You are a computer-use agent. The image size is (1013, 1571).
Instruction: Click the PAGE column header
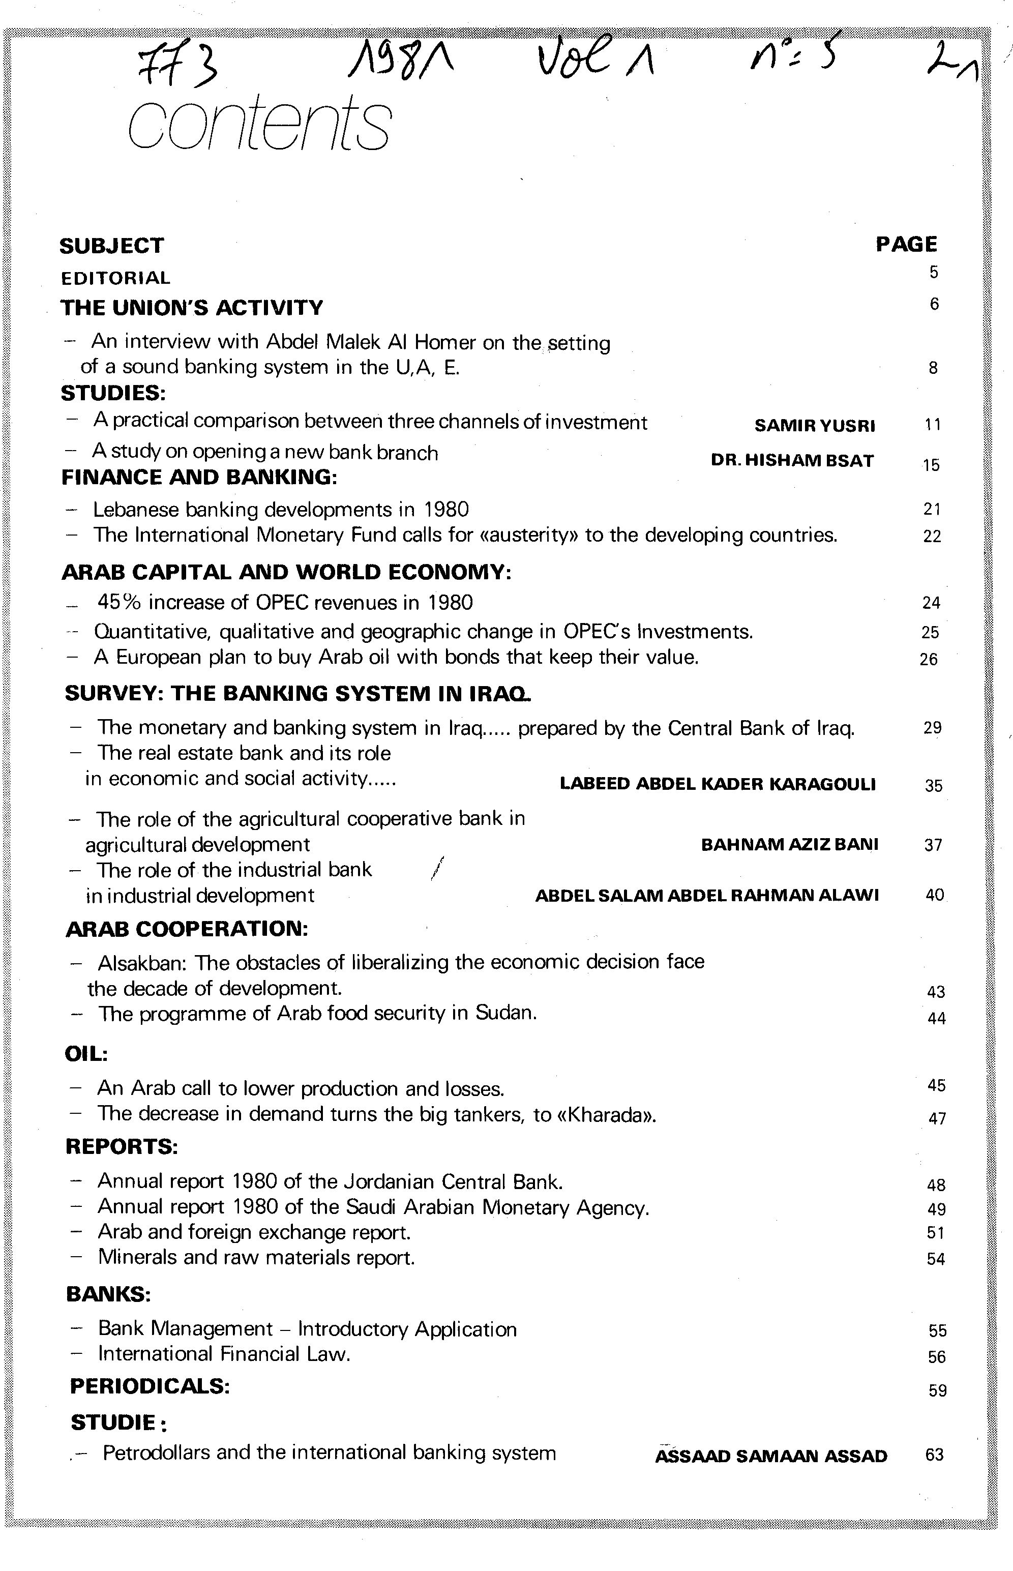(906, 244)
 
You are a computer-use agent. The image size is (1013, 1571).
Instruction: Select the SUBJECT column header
(111, 246)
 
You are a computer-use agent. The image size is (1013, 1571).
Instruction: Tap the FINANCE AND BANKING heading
(199, 477)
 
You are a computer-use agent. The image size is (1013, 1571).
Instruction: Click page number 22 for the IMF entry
(932, 536)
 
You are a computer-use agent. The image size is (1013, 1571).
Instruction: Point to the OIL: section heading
(86, 1053)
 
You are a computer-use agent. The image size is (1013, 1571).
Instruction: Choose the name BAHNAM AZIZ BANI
(789, 845)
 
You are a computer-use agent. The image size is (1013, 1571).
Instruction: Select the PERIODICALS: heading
(150, 1386)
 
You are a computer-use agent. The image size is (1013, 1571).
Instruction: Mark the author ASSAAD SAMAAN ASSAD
(771, 1456)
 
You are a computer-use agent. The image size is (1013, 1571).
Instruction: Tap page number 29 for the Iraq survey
(932, 728)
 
